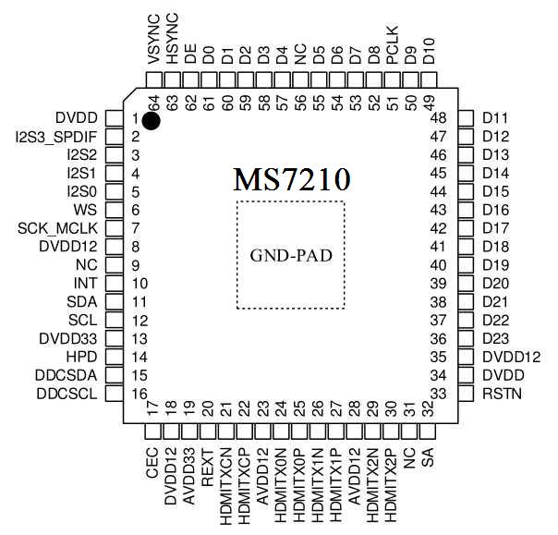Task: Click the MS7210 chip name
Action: coord(291,177)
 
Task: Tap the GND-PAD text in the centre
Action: coord(291,254)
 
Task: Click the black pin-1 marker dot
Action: coord(152,119)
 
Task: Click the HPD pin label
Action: coord(82,357)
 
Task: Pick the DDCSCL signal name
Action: coord(69,394)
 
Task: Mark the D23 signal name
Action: coord(496,338)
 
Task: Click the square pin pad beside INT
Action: coord(114,284)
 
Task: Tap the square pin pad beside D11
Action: coord(467,118)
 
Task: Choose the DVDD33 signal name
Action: coord(68,338)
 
